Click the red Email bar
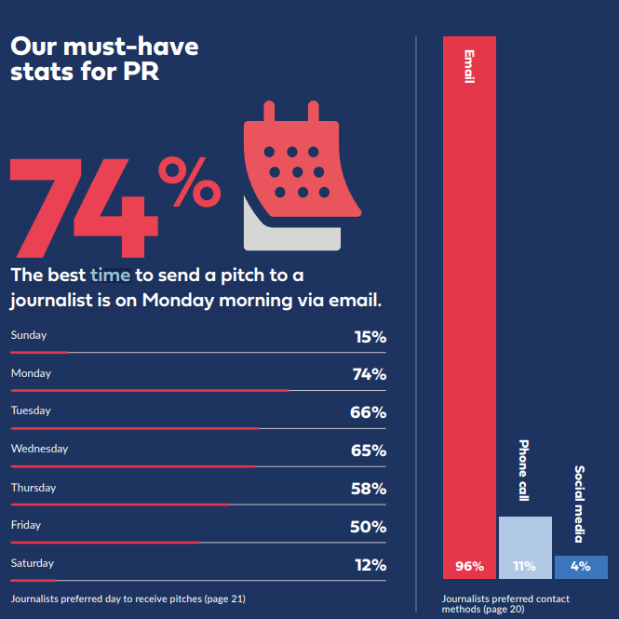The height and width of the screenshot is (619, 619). pos(469,307)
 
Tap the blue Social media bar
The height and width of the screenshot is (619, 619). pos(581,567)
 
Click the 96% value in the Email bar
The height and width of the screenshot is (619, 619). pos(469,566)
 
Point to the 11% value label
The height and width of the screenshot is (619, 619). pos(525,566)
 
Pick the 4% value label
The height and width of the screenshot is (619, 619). pos(581,566)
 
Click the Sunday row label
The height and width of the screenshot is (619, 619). pos(29,335)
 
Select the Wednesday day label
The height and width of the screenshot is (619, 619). pos(39,450)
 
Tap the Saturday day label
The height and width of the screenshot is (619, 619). pos(33,563)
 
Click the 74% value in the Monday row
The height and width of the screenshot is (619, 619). pos(369,374)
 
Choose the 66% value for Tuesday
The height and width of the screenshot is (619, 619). pos(369,412)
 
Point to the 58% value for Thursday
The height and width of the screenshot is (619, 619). pos(369,489)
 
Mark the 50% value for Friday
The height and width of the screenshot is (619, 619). pos(369,527)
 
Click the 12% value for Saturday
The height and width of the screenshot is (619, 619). pos(370,565)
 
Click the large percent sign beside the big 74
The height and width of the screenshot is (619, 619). pos(187,182)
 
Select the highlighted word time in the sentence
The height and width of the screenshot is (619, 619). pos(111,276)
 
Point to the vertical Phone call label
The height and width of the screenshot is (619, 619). pos(523,471)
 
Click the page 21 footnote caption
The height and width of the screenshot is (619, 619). pos(128,599)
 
